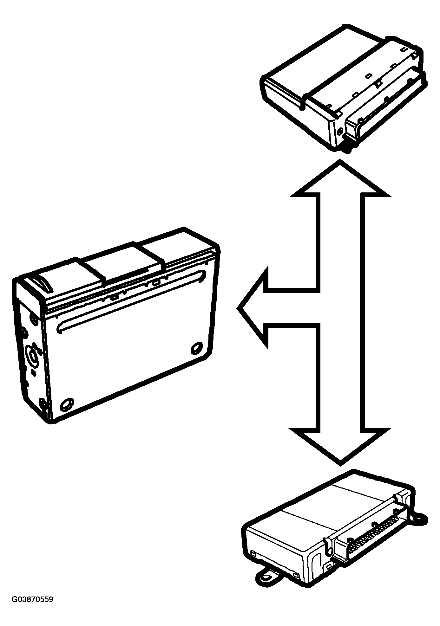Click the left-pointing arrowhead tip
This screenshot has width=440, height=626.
tap(238, 308)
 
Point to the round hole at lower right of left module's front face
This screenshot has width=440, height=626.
tap(197, 348)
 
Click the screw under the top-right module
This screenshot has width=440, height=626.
tap(349, 149)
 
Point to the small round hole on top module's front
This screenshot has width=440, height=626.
tap(340, 131)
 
